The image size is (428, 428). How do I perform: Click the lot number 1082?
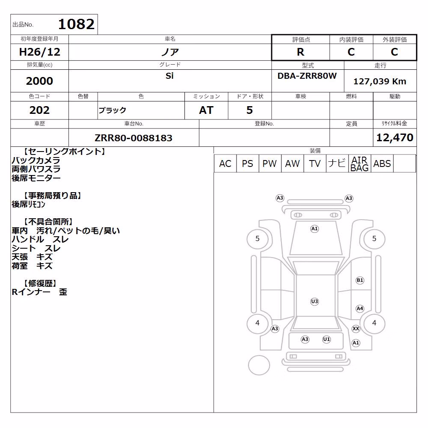pyautogui.click(x=76, y=24)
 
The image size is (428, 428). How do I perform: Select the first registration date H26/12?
pyautogui.click(x=39, y=52)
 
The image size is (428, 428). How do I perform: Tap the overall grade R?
pyautogui.click(x=300, y=52)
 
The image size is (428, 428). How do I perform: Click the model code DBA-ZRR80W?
pyautogui.click(x=307, y=76)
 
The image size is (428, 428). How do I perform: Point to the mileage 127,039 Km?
pyautogui.click(x=380, y=81)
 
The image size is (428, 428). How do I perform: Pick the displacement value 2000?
pyautogui.click(x=39, y=81)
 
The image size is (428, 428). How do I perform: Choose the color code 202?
pyautogui.click(x=39, y=110)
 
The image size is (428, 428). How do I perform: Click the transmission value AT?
pyautogui.click(x=206, y=110)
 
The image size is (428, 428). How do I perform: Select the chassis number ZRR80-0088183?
pyautogui.click(x=134, y=138)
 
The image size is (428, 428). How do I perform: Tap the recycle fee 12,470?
pyautogui.click(x=395, y=137)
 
